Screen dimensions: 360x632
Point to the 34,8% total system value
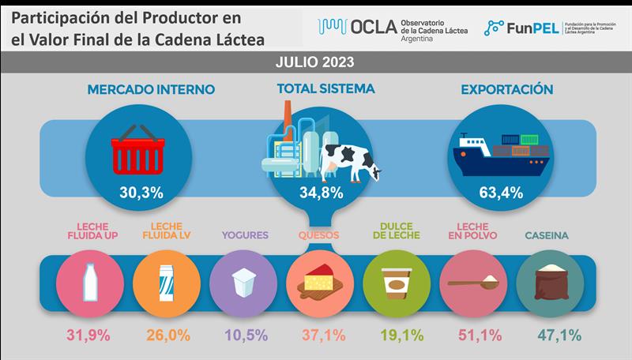(315, 192)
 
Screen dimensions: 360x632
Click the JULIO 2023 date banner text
(315, 62)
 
